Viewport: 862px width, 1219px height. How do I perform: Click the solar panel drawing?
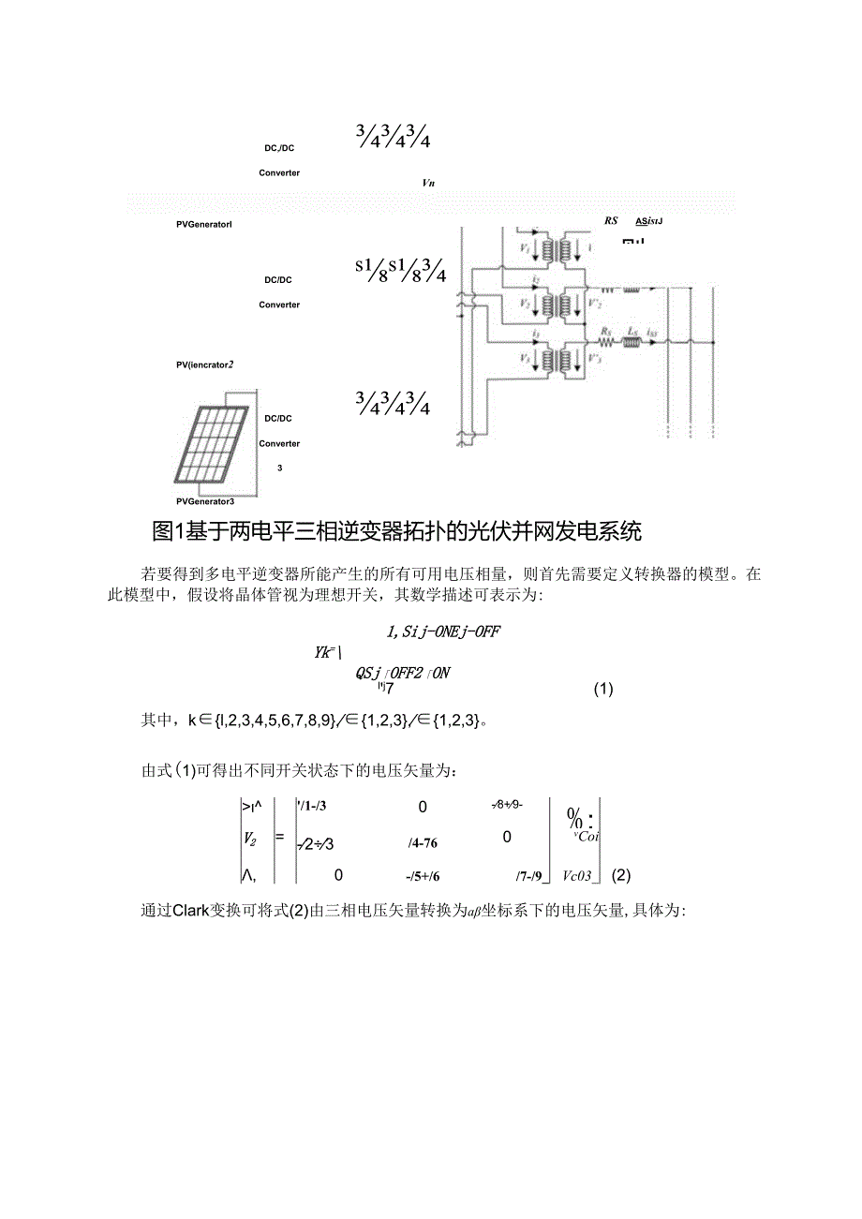coord(213,444)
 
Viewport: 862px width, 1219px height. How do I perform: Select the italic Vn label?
coord(429,183)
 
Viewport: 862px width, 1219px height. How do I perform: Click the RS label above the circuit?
coord(612,222)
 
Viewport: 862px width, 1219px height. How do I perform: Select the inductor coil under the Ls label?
coord(632,343)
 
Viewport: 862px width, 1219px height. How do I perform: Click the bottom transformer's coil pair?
coord(565,359)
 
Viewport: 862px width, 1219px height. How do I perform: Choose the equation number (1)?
coord(604,690)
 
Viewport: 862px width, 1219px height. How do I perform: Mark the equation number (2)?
coord(621,876)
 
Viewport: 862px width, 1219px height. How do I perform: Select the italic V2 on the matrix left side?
coord(250,839)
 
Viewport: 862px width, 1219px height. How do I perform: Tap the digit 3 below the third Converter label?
coord(279,466)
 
